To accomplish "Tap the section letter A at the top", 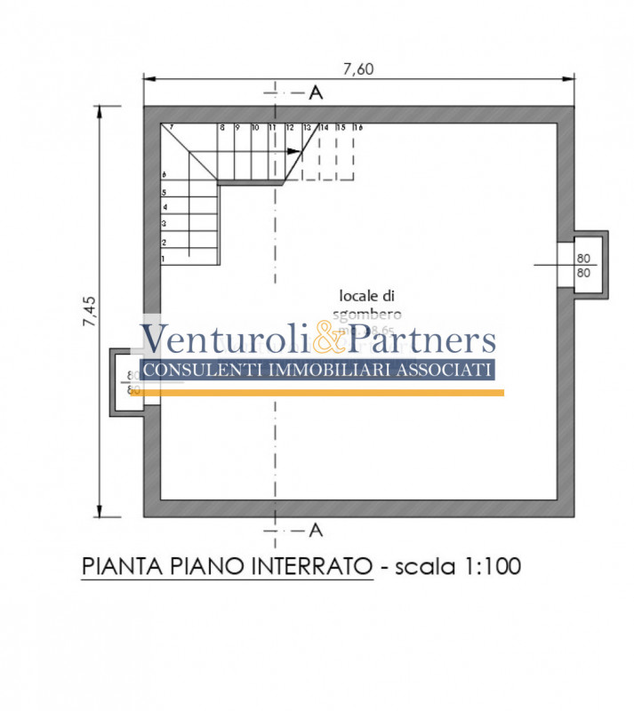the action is (x=315, y=92).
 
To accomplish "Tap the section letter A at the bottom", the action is (x=315, y=531).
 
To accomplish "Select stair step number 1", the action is (x=164, y=259).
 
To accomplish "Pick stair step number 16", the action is (x=357, y=128).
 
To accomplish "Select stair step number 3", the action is (x=164, y=224).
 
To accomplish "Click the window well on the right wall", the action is (x=589, y=265).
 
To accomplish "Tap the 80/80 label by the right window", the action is (x=583, y=265).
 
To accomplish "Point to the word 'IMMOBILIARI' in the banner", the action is (x=339, y=370).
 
